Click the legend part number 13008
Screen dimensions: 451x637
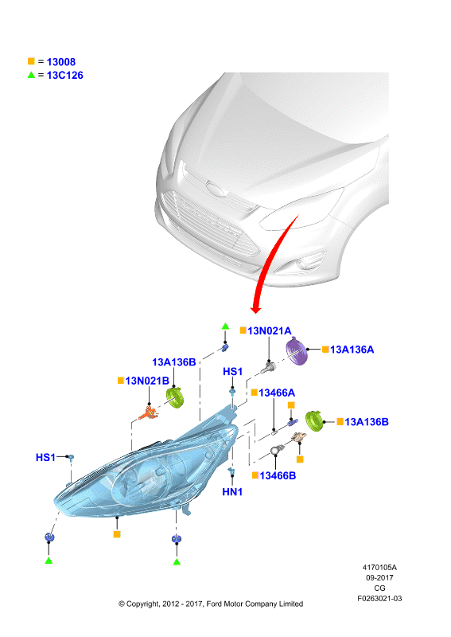pos(61,62)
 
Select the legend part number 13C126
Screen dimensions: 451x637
pos(65,75)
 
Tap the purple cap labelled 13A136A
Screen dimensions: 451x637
pos(297,352)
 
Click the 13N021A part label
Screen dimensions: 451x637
pos(270,330)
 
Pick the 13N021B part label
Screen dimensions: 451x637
pos(147,381)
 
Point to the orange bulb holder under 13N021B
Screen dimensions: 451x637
pos(148,412)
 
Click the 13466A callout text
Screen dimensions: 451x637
pos(277,393)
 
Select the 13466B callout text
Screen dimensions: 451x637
pos(278,475)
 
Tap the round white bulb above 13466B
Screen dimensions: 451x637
pos(276,451)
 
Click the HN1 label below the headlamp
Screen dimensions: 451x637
pos(232,492)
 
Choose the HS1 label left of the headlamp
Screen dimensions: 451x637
pos(45,457)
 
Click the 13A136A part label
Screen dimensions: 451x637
pos(352,350)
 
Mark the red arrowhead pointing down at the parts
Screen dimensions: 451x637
pos(255,310)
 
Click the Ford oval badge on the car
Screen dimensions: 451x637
pos(216,189)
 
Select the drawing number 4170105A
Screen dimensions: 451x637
pos(379,568)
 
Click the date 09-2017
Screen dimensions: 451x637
pos(379,578)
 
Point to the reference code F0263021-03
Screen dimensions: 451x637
pos(379,599)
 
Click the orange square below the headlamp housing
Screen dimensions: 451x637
pos(117,534)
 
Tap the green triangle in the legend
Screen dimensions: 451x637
pos(31,75)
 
